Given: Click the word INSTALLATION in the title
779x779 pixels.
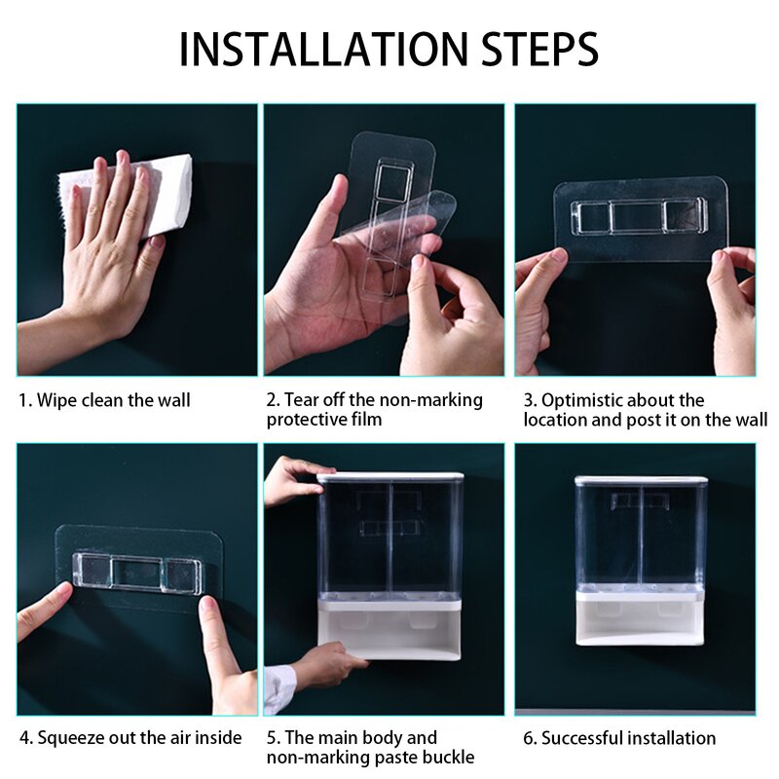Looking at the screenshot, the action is coord(323,49).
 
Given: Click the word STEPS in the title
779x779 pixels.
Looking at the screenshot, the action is coord(539,49).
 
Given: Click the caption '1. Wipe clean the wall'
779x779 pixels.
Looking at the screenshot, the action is coord(104,400).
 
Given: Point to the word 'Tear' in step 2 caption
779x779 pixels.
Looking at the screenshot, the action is coord(301,400).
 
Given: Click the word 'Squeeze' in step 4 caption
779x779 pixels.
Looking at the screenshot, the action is coord(71,738).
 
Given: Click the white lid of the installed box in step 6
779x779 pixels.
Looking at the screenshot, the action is coord(641,480).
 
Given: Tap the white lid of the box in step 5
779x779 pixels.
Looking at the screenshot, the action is coord(390,477).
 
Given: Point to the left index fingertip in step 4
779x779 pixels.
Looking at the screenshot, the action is coord(62,591).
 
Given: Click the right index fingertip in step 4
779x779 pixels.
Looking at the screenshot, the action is coord(208,606).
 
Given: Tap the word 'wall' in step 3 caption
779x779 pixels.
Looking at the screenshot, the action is coord(751,420).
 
